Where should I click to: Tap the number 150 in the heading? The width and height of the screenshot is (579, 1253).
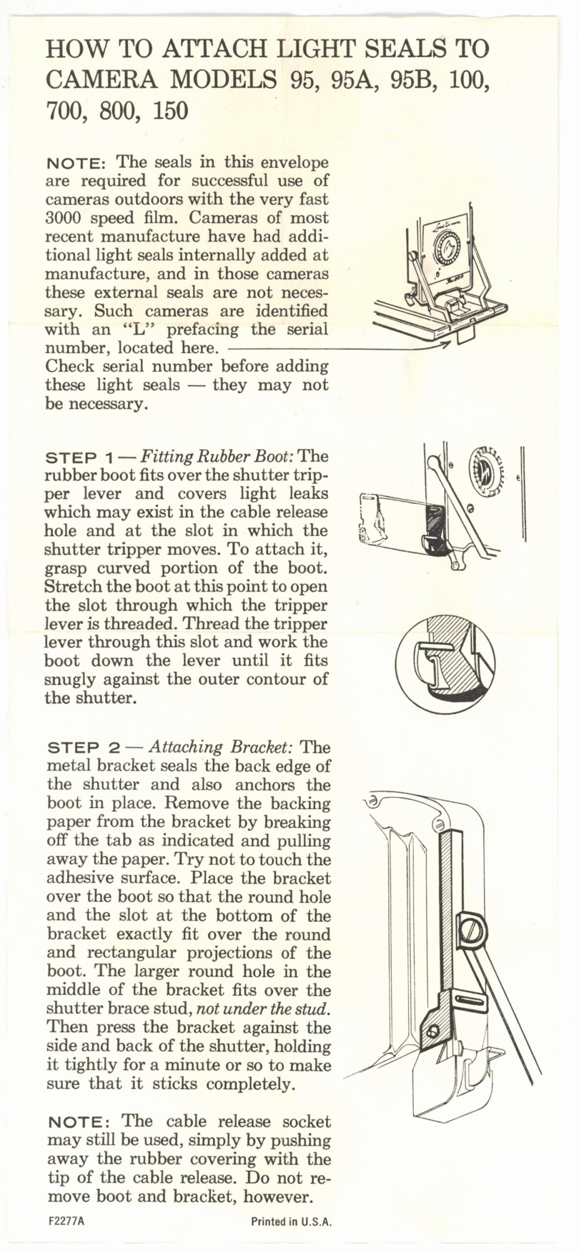170,112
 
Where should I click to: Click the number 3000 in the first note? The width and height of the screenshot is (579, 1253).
65,218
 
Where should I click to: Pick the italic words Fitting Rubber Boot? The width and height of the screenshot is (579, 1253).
217,457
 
